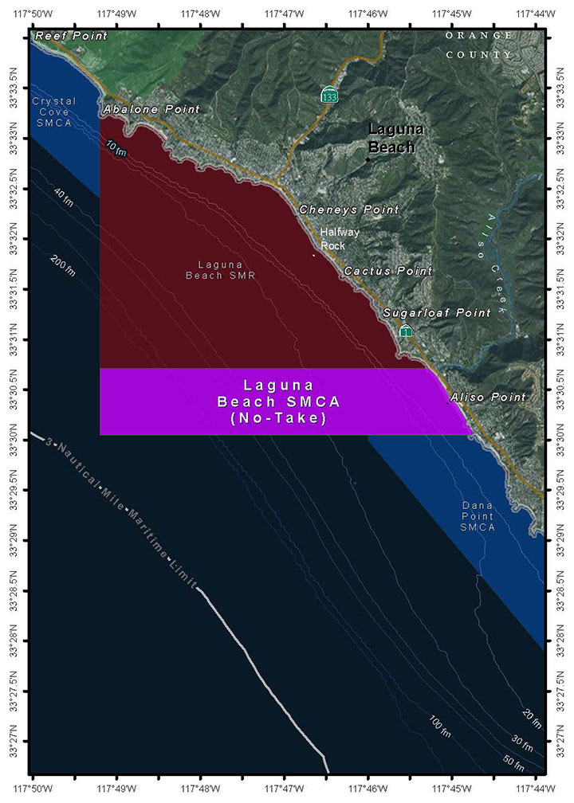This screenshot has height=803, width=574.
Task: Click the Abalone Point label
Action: pos(151,109)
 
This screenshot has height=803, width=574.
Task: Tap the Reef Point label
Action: pos(71,36)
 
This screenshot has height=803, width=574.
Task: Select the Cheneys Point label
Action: pos(348,210)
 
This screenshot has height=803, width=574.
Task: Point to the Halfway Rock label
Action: pos(333,239)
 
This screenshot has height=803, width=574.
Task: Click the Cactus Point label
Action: pos(388,272)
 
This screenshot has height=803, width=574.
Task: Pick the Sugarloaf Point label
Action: pos(437,313)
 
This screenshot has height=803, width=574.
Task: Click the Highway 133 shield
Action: pos(328,96)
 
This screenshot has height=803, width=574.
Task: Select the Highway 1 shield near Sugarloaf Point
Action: pos(406,331)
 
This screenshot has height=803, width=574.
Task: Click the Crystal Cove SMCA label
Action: pos(54,112)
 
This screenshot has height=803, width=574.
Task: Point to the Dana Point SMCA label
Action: pos(478,516)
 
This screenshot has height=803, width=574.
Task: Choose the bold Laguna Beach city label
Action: pos(391,138)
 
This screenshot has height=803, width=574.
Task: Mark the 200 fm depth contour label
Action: pos(63,265)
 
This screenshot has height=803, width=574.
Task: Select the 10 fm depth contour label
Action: pos(116,147)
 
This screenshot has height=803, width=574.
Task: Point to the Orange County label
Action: pos(479,45)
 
